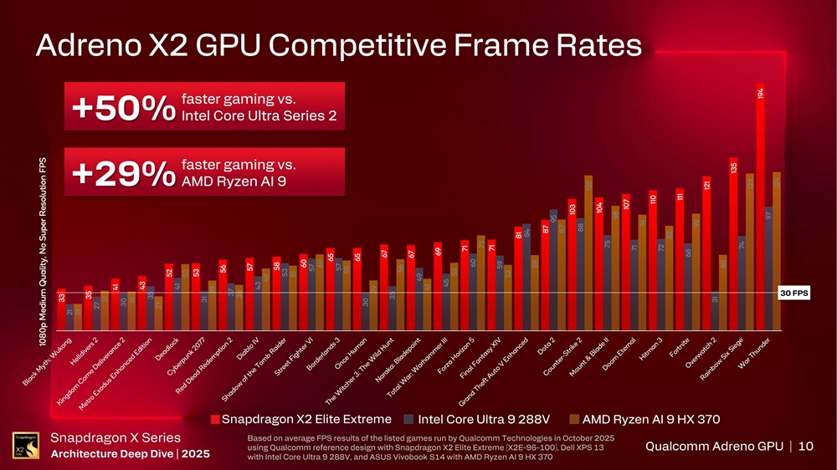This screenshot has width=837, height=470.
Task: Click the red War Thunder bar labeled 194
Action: point(760,209)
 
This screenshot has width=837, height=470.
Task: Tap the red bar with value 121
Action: point(706,255)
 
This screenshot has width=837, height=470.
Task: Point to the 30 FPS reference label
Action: point(792,294)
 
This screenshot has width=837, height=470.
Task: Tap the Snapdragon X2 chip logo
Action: point(24,444)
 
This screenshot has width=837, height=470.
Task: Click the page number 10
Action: point(805,447)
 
